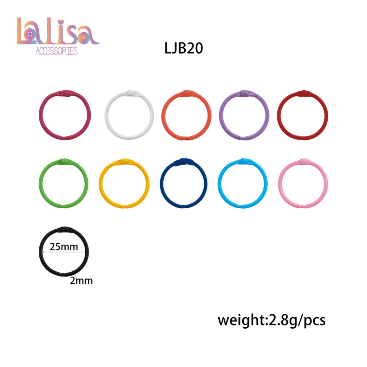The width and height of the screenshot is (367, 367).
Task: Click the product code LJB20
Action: click(x=183, y=48)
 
